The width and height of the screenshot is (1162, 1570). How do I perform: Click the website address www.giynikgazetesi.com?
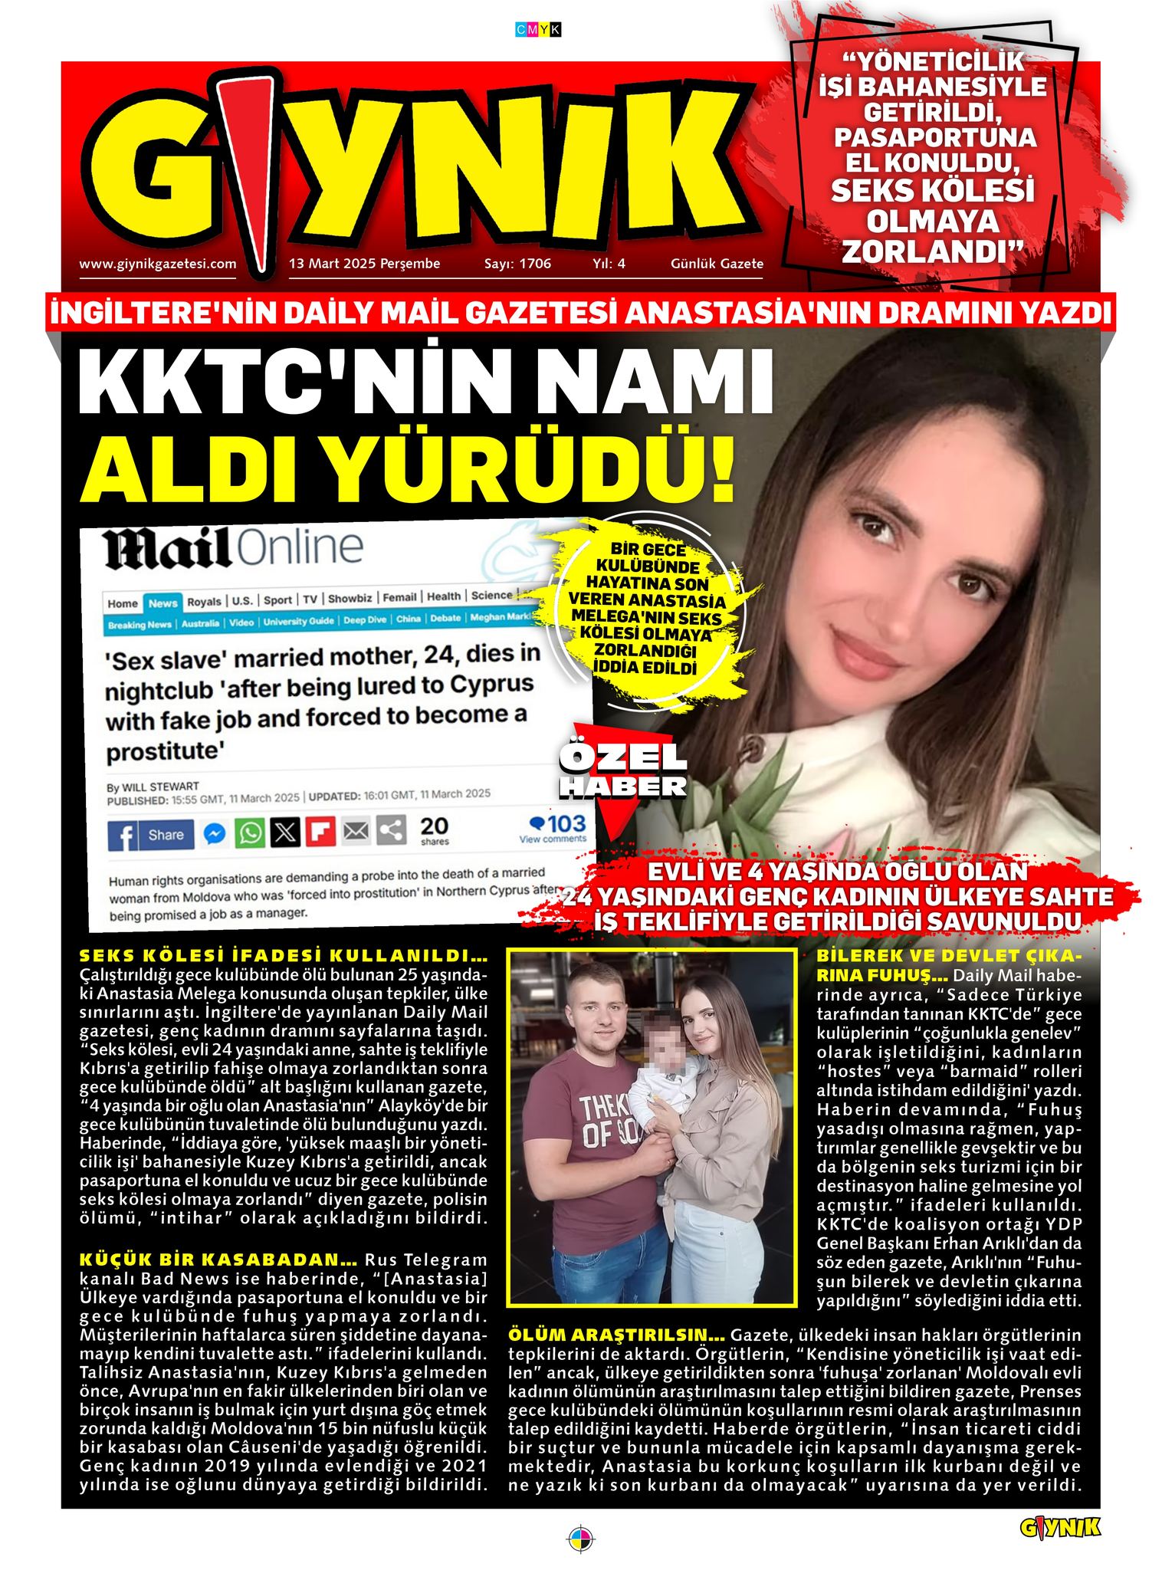(x=157, y=264)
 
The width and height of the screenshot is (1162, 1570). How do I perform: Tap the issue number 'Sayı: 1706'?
(x=517, y=264)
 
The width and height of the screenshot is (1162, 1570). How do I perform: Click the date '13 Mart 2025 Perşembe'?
(x=364, y=264)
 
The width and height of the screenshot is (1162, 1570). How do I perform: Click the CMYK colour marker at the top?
(x=538, y=30)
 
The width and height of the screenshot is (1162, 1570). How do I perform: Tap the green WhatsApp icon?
(x=250, y=833)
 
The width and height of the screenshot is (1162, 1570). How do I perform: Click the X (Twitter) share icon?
(x=285, y=833)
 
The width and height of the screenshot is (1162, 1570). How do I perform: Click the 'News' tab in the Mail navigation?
(x=162, y=603)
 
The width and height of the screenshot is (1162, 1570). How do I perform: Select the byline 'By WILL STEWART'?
(x=153, y=787)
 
